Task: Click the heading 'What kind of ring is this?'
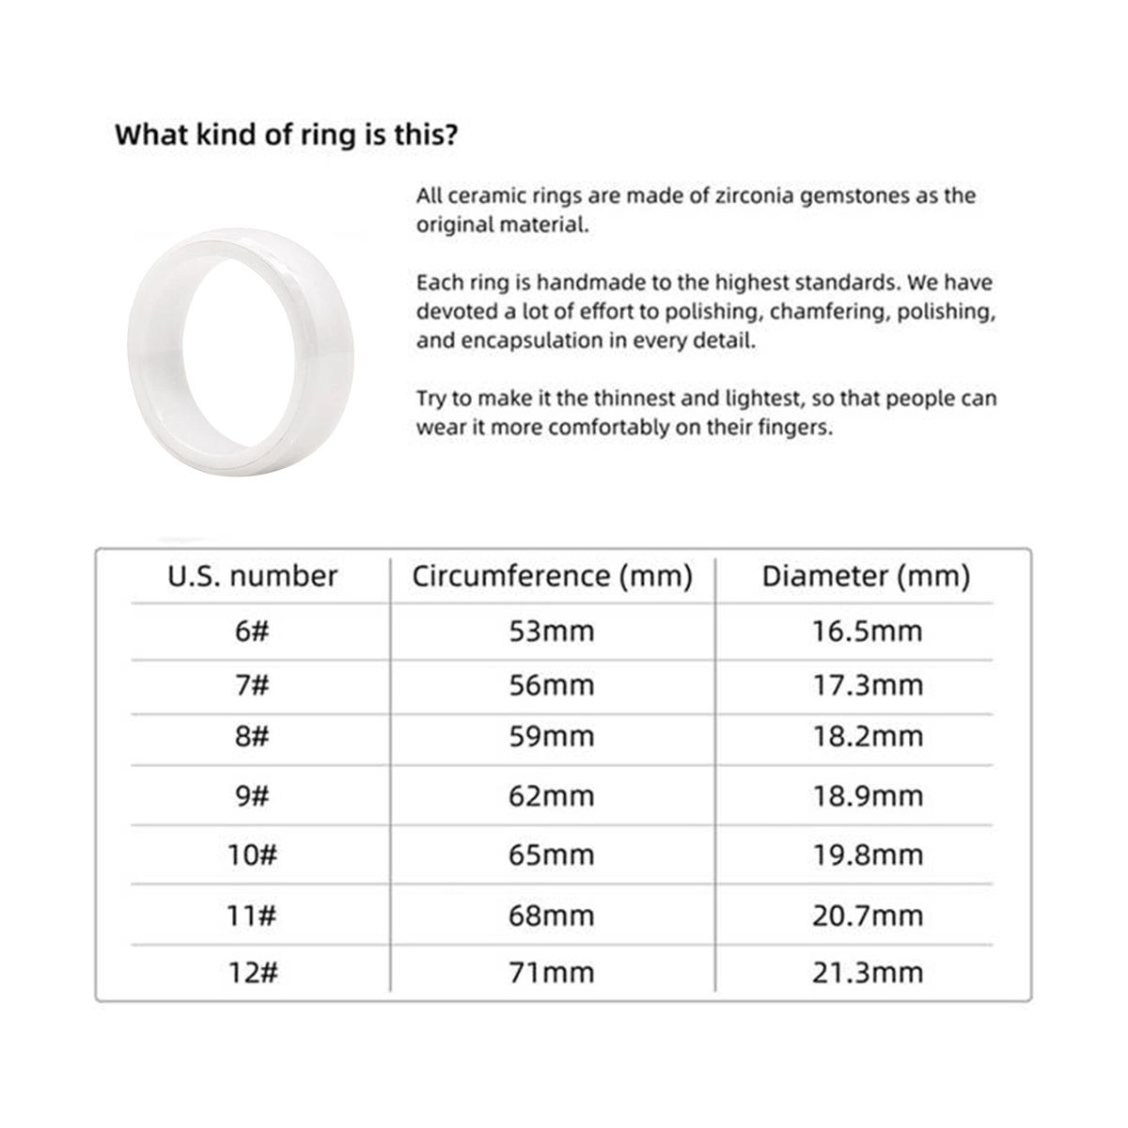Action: click(x=286, y=133)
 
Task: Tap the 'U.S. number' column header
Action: click(x=252, y=575)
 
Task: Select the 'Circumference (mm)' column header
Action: click(x=552, y=575)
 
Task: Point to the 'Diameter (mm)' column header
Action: click(x=866, y=575)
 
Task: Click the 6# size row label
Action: click(x=252, y=631)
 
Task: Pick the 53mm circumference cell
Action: click(x=552, y=631)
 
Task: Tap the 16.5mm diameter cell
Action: click(x=867, y=631)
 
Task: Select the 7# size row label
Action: click(x=252, y=685)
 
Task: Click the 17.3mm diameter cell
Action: click(x=867, y=685)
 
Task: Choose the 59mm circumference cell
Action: click(x=552, y=737)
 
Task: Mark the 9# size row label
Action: click(x=252, y=796)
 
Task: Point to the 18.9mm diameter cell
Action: click(x=867, y=796)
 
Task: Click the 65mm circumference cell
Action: click(x=552, y=855)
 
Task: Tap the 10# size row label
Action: click(x=252, y=855)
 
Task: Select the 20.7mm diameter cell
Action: click(x=867, y=915)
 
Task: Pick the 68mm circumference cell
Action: click(x=552, y=915)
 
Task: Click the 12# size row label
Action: click(x=252, y=971)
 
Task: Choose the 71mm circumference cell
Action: click(x=552, y=971)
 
